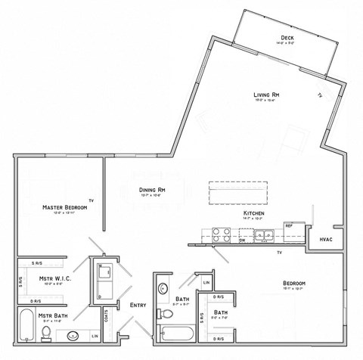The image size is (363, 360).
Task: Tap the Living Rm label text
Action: [x=266, y=95]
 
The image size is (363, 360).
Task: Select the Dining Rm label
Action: [x=151, y=190]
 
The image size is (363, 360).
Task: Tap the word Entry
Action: [x=138, y=305]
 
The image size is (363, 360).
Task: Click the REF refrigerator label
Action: [x=289, y=225]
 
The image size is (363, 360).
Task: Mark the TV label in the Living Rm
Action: [x=320, y=95]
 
